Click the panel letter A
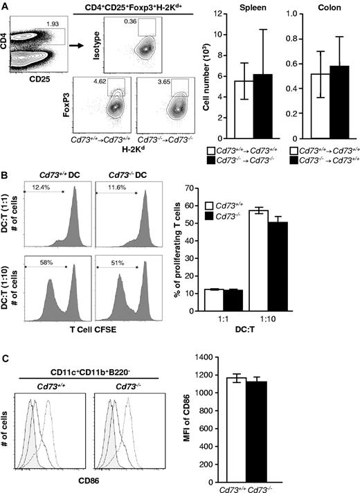6,6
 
